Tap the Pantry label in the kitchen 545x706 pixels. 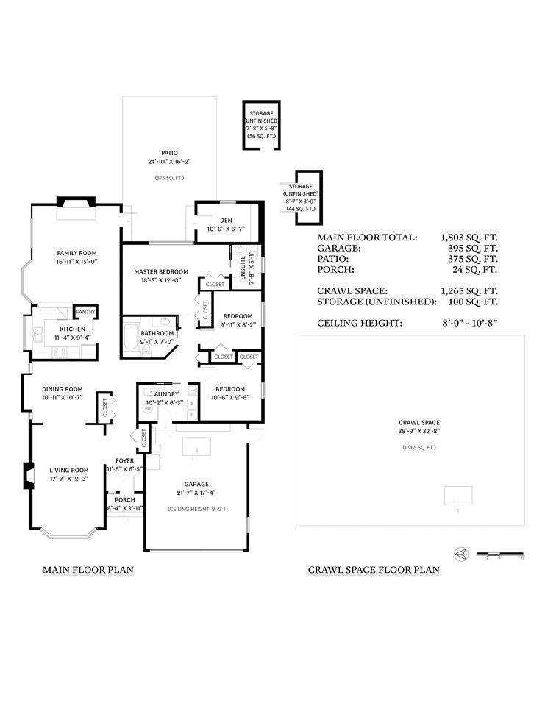click(x=86, y=311)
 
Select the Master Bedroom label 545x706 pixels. click(x=160, y=271)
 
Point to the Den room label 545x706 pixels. click(x=226, y=220)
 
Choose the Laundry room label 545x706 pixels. click(x=163, y=393)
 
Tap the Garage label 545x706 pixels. click(x=196, y=484)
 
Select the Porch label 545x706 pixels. click(x=125, y=499)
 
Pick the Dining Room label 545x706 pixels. click(x=62, y=389)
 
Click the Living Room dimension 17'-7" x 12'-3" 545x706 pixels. click(x=69, y=479)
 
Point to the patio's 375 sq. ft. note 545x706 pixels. click(x=168, y=178)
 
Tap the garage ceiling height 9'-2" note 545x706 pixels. click(x=196, y=508)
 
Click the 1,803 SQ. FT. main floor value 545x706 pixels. click(x=469, y=238)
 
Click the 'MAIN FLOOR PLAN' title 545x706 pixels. click(x=88, y=569)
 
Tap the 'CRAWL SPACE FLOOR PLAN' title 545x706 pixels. click(x=374, y=569)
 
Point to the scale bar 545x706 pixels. click(x=500, y=553)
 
